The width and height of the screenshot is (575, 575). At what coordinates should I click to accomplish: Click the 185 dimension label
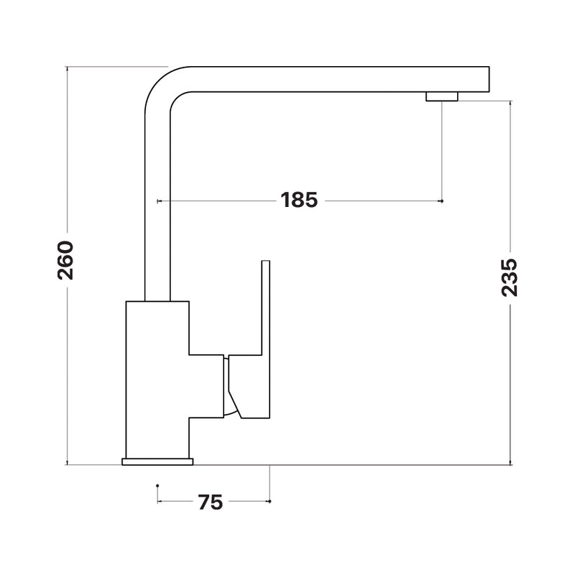(x=299, y=201)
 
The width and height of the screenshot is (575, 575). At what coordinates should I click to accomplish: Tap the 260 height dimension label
(x=66, y=260)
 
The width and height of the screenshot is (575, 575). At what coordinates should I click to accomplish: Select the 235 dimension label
(x=510, y=277)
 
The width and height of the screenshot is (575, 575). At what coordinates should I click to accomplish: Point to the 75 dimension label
(x=211, y=502)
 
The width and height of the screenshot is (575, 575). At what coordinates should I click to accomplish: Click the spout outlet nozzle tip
(x=442, y=96)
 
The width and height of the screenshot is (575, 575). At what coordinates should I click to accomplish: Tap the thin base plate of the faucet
(x=157, y=461)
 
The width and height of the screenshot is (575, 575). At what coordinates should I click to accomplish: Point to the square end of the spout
(x=489, y=79)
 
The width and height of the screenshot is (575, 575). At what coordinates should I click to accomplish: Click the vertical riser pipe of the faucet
(x=157, y=206)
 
